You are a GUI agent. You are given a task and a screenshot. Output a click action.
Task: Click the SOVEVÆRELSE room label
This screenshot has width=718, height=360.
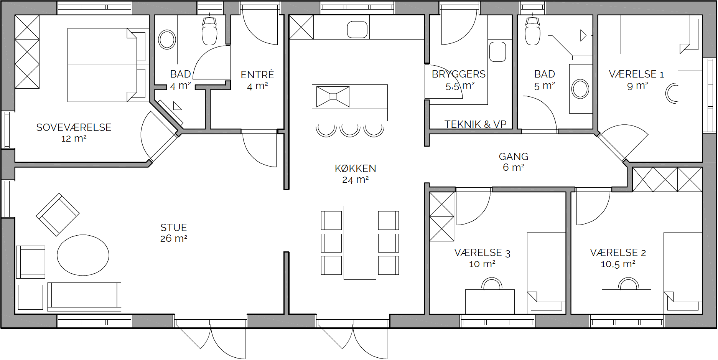74,127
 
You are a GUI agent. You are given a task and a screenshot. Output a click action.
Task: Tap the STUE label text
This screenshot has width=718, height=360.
174,228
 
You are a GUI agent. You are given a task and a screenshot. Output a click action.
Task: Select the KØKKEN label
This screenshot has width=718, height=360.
356,168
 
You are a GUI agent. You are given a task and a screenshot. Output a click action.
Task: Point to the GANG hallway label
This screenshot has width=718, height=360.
514,157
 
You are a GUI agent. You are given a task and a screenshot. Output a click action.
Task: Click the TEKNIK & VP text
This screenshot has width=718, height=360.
476,124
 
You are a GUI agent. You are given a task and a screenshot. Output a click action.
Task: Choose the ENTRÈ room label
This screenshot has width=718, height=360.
257,75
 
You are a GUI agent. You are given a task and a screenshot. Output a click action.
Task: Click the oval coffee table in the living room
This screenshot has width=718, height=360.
83,255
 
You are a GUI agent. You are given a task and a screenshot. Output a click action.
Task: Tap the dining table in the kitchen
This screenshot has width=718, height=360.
360,243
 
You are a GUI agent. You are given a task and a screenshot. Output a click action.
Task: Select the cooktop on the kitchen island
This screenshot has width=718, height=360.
333,97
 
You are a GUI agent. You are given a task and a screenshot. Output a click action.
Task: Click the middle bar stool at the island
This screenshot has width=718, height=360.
350,130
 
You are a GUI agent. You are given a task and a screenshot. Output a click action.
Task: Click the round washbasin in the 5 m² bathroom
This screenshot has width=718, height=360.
580,89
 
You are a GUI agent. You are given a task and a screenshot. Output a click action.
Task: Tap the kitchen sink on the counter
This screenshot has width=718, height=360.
357,30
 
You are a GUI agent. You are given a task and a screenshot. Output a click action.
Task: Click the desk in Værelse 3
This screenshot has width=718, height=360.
490,302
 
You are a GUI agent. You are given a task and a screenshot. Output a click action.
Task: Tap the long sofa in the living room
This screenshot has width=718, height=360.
84,297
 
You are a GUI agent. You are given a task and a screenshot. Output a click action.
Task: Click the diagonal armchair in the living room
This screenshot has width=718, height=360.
58,215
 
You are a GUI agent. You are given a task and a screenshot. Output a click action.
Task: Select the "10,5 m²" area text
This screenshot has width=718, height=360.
618,264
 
